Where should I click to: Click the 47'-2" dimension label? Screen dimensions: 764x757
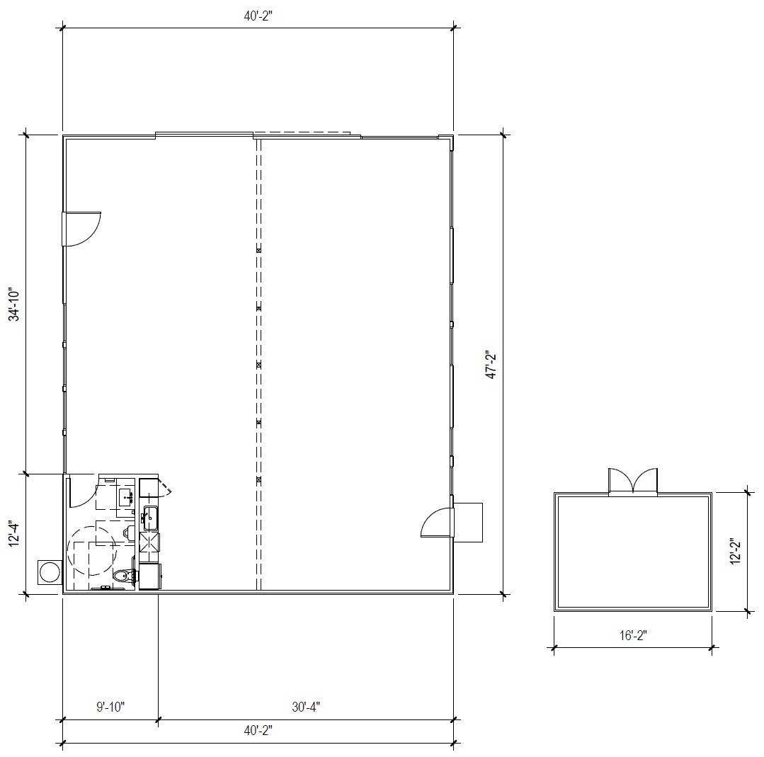(x=492, y=365)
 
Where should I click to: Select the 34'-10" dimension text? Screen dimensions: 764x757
(x=15, y=305)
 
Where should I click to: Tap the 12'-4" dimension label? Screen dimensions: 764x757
(x=15, y=534)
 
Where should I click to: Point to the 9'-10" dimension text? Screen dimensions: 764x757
(x=110, y=707)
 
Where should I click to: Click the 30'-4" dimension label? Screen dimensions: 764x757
(x=306, y=707)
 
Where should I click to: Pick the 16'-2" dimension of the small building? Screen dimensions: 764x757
(x=633, y=635)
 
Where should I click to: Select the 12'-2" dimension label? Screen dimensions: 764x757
(x=735, y=551)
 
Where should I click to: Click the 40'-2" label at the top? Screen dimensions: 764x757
(x=258, y=16)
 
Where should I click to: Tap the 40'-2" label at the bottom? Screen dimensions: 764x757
(x=258, y=730)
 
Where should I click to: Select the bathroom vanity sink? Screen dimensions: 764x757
(x=127, y=497)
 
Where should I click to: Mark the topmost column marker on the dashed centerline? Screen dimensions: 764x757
(x=258, y=251)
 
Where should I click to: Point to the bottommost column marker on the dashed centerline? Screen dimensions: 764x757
(x=258, y=479)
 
